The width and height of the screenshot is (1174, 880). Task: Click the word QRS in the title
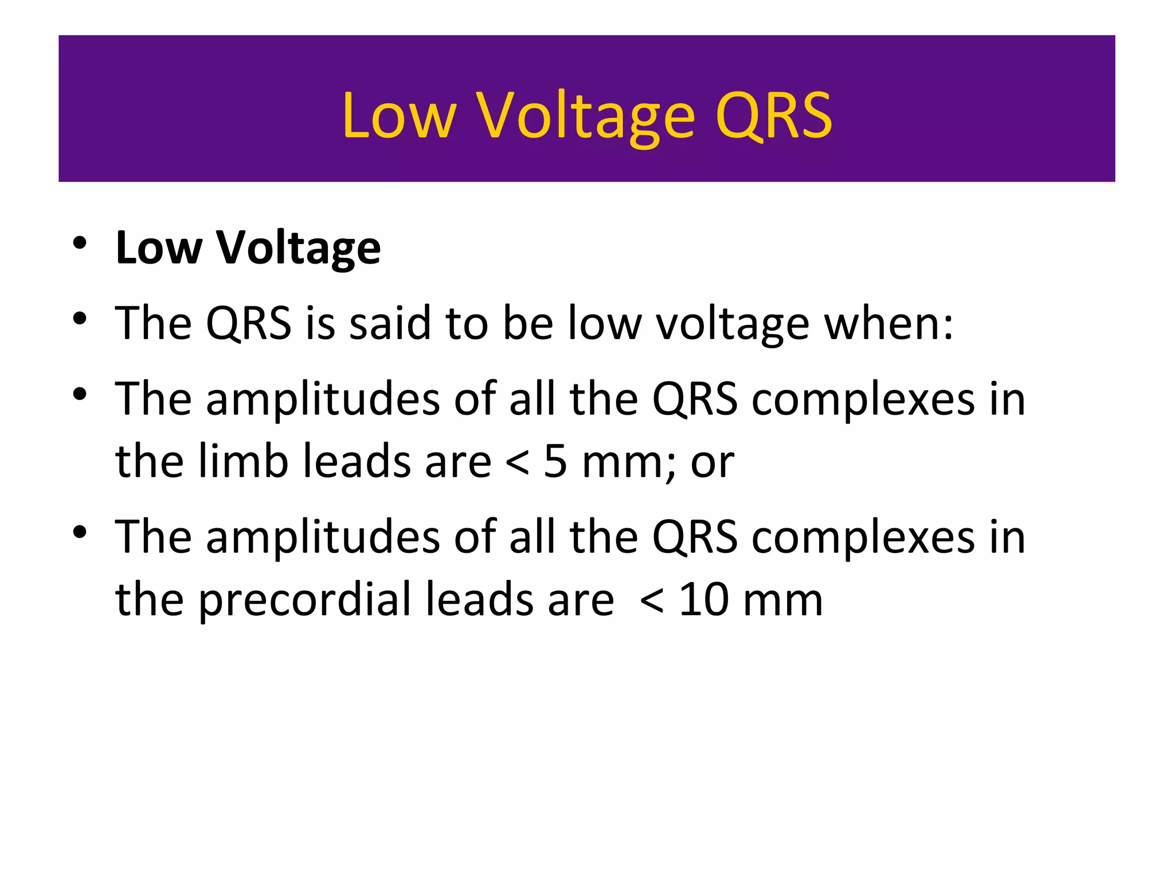tap(773, 116)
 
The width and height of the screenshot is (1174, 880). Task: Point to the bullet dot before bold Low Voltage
tap(80, 243)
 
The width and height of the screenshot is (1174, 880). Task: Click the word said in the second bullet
tap(390, 324)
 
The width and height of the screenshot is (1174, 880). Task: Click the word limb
tap(243, 461)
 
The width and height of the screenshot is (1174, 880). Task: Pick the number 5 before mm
tap(555, 461)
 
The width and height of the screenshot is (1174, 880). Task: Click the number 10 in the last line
tap(703, 600)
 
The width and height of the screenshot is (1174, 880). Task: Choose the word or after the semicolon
tap(712, 463)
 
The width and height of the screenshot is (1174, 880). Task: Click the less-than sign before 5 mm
tap(517, 463)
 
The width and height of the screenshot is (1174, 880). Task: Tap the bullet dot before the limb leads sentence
tap(80, 394)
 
